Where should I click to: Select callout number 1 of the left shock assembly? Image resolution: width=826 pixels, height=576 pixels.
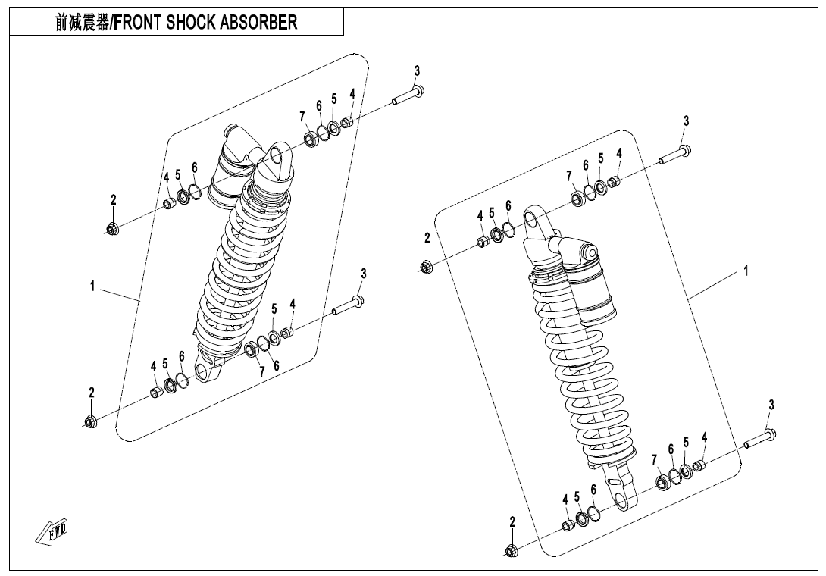pos(92,286)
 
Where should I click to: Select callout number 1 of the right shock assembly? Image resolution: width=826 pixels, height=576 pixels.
pos(746,271)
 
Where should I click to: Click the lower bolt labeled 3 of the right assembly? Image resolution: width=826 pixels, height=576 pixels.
pos(760,439)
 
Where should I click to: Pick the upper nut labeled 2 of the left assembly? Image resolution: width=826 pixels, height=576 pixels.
pos(112,227)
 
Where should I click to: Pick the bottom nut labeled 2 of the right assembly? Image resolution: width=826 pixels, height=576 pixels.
pos(512,550)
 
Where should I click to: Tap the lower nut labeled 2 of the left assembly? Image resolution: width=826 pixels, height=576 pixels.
pos(90,421)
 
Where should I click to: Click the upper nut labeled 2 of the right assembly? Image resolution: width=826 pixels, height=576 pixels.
pos(426,266)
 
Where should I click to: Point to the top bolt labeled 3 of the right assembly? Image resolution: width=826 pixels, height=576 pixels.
pos(674,155)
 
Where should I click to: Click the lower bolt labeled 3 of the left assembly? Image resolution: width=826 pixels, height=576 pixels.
pos(349,306)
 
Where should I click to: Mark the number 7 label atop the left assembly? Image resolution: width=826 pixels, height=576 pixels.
pos(302,116)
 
